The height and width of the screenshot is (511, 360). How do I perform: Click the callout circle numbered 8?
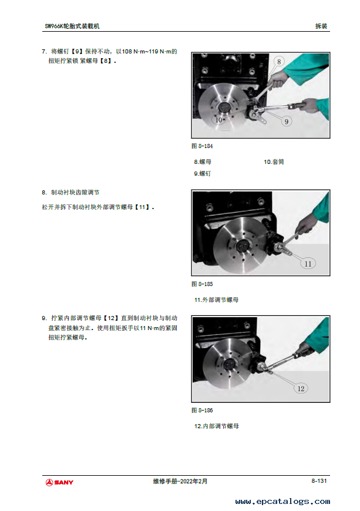pyautogui.click(x=279, y=62)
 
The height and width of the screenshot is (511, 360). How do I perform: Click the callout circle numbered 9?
pyautogui.click(x=287, y=122)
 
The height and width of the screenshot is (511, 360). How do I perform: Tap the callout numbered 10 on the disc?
pyautogui.click(x=218, y=120)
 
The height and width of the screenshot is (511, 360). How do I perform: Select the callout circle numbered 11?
pyautogui.click(x=308, y=264)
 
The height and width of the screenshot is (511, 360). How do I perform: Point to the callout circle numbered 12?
pyautogui.click(x=301, y=388)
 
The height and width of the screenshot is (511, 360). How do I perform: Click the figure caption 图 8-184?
pyautogui.click(x=202, y=146)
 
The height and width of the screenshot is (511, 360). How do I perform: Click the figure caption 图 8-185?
pyautogui.click(x=202, y=284)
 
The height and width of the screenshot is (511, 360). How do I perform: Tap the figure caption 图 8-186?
pyautogui.click(x=202, y=410)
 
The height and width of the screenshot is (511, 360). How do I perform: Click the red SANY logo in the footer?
pyautogui.click(x=59, y=482)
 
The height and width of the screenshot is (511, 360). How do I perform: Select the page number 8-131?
pyautogui.click(x=319, y=480)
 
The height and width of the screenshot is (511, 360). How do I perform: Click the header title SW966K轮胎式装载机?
pyautogui.click(x=72, y=26)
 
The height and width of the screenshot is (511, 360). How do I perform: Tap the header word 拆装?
pyautogui.click(x=321, y=26)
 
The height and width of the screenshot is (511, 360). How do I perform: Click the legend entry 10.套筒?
pyautogui.click(x=274, y=162)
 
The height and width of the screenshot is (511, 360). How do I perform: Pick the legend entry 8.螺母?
pyautogui.click(x=203, y=162)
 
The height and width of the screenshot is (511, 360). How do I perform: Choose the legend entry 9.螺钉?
pyautogui.click(x=203, y=173)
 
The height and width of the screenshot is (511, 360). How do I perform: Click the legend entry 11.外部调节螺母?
pyautogui.click(x=216, y=300)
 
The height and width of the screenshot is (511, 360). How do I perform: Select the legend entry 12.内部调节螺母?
pyautogui.click(x=216, y=426)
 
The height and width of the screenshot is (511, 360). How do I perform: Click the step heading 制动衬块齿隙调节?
pyautogui.click(x=75, y=192)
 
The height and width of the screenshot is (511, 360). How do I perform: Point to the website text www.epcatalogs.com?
pyautogui.click(x=282, y=502)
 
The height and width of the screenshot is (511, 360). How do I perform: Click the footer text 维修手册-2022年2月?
pyautogui.click(x=180, y=481)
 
